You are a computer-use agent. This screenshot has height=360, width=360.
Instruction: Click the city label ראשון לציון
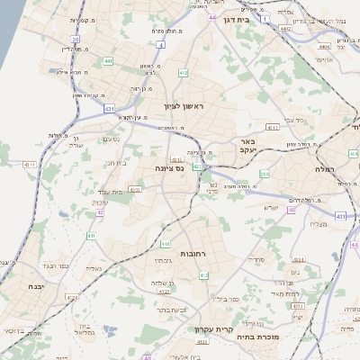coord(184,107)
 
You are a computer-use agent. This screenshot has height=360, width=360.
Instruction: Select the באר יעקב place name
coord(249,146)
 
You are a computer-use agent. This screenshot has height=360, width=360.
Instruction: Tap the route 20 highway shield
coord(76,40)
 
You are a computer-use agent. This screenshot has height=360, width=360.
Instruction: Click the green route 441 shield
coord(108,61)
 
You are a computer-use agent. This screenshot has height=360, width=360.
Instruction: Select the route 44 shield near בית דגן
coord(211,17)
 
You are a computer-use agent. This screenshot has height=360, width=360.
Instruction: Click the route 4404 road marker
coord(323,45)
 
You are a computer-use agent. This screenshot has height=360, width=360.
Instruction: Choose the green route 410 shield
coord(166,244)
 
